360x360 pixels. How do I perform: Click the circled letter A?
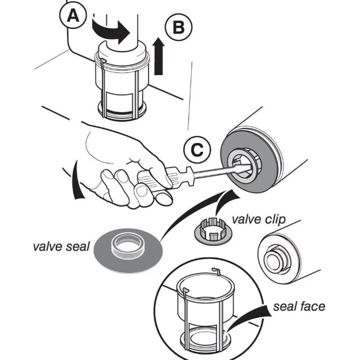pos(73,15)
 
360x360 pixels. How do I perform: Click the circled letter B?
pos(178,27)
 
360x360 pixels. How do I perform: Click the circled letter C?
pos(197,150)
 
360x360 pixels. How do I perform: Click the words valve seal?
pos(61,247)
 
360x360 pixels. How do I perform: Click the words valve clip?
pos(259,219)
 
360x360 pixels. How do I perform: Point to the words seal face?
pos(299,306)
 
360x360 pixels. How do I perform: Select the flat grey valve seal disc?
pos(128,251)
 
